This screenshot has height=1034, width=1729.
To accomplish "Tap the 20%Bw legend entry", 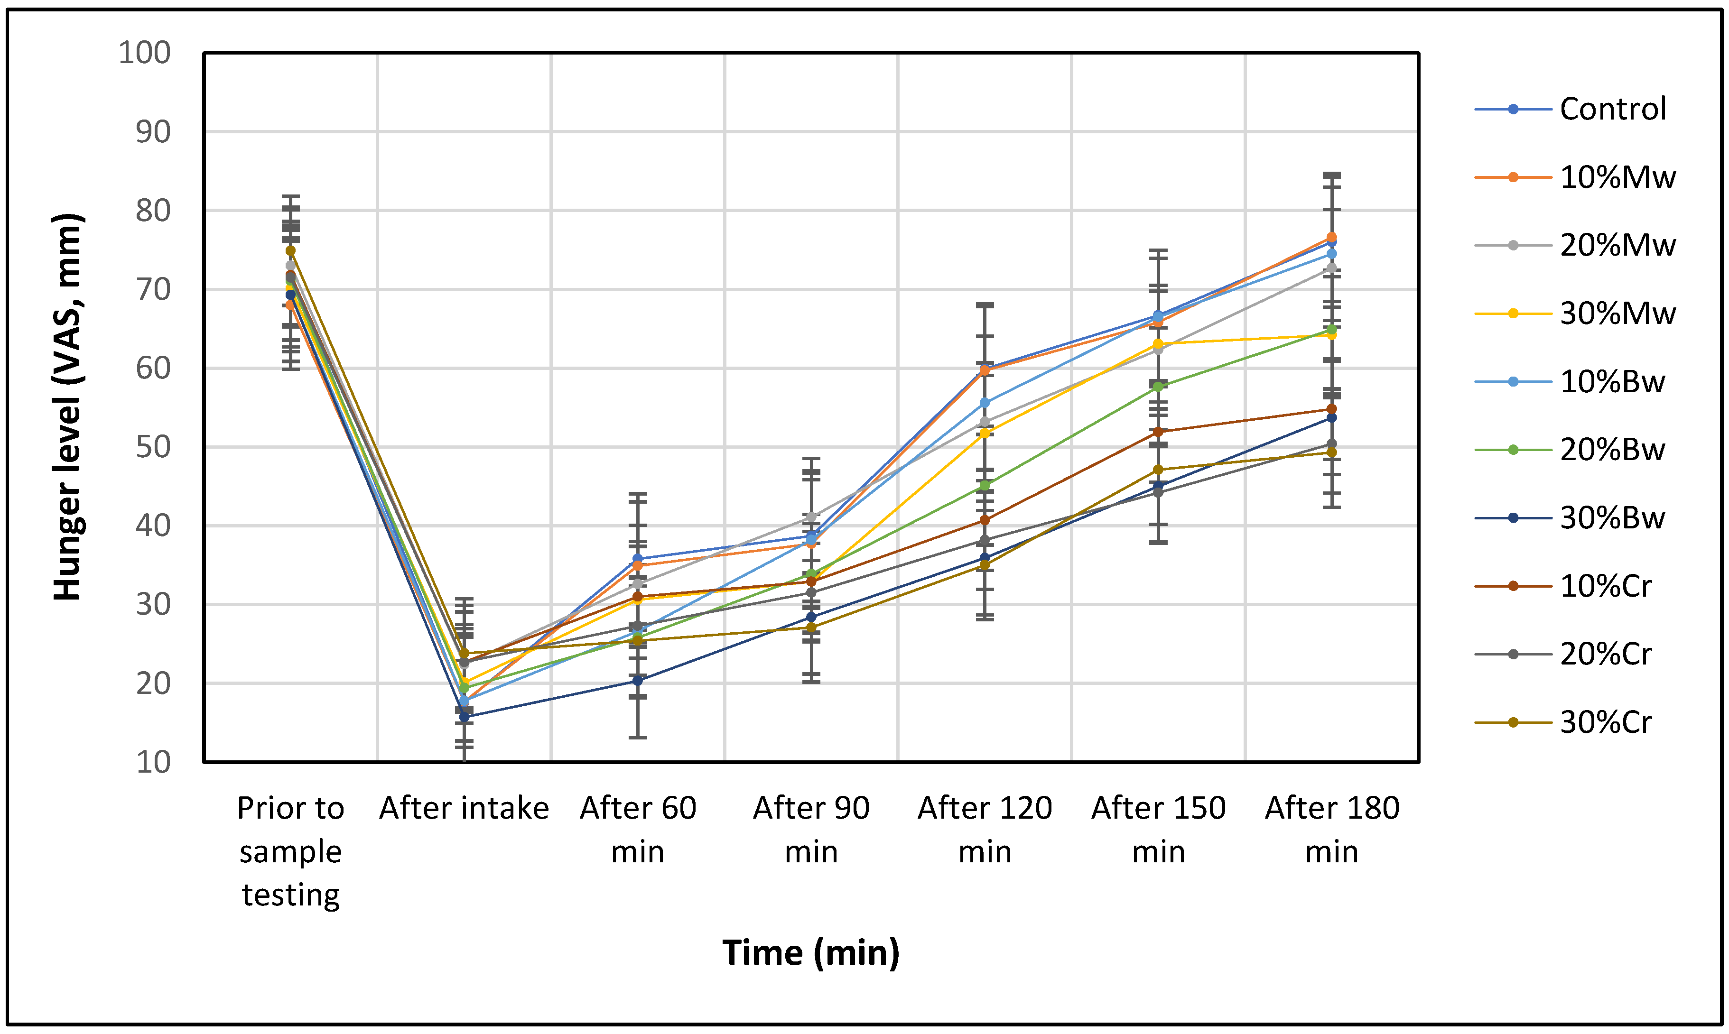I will tap(1611, 450).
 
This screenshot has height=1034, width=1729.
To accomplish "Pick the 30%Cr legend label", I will tap(1605, 722).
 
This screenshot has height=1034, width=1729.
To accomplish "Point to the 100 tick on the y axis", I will tap(144, 53).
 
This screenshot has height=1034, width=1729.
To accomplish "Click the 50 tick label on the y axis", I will tap(153, 447).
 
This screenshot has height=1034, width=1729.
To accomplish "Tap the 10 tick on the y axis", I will tap(153, 762).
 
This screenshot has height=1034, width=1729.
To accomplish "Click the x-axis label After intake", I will tap(464, 808).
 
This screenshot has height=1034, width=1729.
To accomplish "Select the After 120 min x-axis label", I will tap(984, 829).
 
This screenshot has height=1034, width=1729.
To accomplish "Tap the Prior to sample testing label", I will tap(290, 851).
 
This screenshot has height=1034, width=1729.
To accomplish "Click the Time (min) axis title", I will tap(810, 952).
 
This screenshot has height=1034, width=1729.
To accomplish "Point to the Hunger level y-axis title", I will tap(67, 407).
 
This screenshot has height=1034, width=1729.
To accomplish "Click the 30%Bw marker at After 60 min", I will tap(638, 680).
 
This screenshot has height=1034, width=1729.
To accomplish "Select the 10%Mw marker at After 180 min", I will tap(1331, 238).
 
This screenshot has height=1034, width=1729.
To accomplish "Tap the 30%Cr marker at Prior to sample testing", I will tap(290, 250).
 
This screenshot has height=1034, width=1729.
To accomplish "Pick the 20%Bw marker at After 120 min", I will tap(985, 485).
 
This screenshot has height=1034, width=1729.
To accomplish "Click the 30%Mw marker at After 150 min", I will tap(1158, 343).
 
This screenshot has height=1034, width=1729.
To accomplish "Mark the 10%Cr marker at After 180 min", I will tap(1331, 409).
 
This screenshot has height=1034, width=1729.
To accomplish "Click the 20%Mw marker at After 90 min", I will tap(811, 517).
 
